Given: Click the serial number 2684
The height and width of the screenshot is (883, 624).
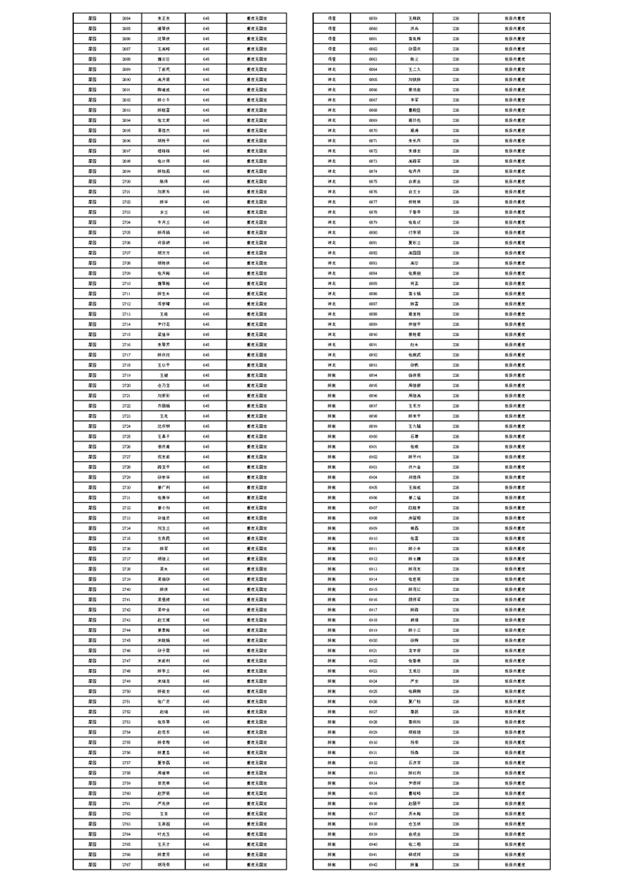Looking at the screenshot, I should point(127,17).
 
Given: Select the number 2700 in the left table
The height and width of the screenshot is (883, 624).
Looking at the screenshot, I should point(127,181).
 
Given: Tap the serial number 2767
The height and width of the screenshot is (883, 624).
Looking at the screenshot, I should point(127,864).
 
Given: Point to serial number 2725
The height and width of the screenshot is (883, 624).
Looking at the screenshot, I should point(127,436).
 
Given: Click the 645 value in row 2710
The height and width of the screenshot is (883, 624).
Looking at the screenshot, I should point(206,283).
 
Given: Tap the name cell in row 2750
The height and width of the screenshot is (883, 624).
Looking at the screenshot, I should point(164,691).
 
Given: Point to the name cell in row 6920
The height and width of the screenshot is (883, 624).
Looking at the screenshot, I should point(414,640).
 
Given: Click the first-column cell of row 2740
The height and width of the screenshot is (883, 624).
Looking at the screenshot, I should point(92,589).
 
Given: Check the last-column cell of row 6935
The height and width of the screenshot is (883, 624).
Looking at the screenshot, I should point(515,793).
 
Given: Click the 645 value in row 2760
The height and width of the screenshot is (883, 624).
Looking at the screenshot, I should point(206,793).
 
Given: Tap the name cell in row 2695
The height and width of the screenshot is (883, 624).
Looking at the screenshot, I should point(164,130).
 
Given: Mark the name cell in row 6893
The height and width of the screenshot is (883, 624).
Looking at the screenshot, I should point(414,364).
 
